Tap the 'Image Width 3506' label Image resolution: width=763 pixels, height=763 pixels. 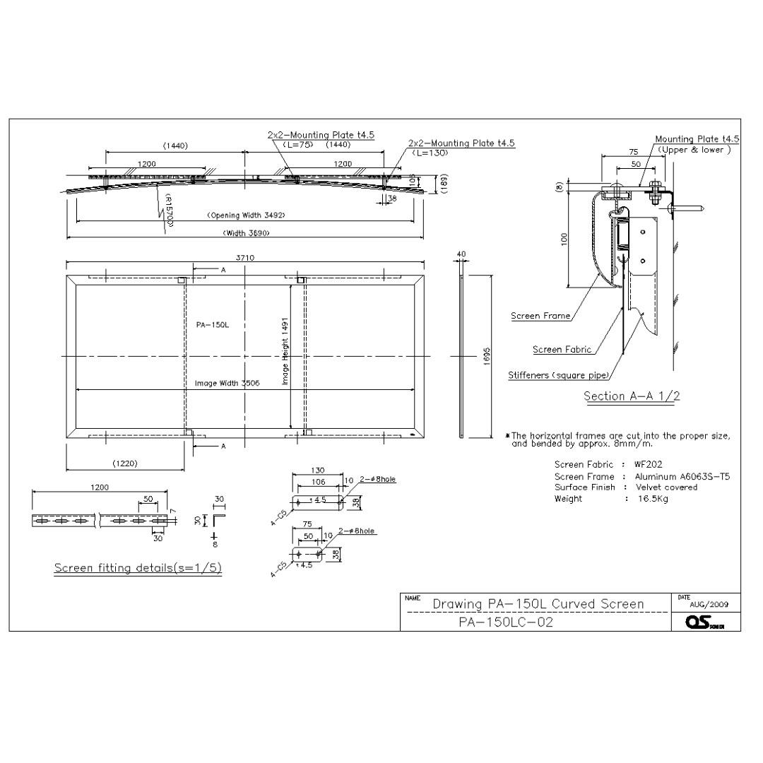(x=227, y=383)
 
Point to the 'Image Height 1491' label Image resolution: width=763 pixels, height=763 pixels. (x=285, y=350)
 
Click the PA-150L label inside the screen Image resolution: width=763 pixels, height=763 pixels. (x=212, y=325)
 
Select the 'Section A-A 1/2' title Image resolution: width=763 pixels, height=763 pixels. (x=632, y=396)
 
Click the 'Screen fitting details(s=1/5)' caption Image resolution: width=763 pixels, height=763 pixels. (x=138, y=569)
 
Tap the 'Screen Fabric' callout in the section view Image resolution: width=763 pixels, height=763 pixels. (x=562, y=350)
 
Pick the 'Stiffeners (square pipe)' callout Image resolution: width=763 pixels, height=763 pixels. (x=558, y=375)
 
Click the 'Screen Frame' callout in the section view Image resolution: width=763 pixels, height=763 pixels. (x=540, y=316)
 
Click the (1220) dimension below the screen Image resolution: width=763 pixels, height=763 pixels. (x=125, y=463)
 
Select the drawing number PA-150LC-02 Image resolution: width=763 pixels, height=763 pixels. (x=506, y=622)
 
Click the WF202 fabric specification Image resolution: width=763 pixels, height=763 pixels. (x=648, y=465)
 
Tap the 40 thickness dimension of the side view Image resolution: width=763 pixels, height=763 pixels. (x=461, y=254)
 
